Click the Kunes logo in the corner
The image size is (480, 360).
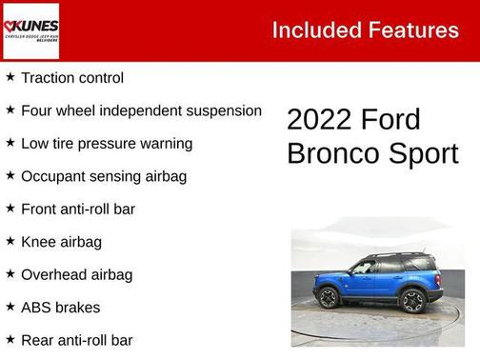[x=30, y=30]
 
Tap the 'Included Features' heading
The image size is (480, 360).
[x=365, y=30]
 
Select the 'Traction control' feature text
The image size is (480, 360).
[x=72, y=78]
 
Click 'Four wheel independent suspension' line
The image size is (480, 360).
[x=141, y=110]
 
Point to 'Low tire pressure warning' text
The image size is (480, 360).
[x=107, y=144]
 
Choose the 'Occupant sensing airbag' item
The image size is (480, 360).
[x=104, y=176]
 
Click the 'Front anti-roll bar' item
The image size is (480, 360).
[x=78, y=209]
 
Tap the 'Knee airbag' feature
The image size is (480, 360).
[x=61, y=242]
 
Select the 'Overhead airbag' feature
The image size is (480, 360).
[x=77, y=274]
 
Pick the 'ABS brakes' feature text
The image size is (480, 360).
[x=60, y=308]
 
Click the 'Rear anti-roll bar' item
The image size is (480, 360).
[x=77, y=340]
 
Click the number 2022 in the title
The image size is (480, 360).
[x=319, y=120]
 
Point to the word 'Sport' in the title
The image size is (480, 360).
[x=424, y=153]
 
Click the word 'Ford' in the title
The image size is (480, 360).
[x=390, y=120]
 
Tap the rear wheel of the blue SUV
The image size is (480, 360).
[x=413, y=302]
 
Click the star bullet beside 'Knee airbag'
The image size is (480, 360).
[x=10, y=242]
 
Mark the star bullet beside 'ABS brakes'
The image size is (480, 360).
[x=10, y=308]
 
